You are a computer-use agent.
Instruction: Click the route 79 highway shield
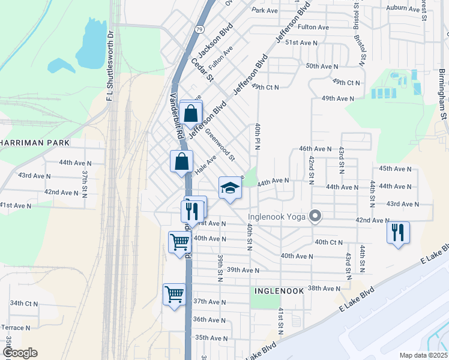click(199, 29)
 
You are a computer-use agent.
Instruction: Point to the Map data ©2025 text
click(423, 355)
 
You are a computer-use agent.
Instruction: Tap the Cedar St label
click(202, 69)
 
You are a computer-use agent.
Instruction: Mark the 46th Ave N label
click(315, 149)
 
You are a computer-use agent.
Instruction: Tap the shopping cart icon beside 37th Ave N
click(175, 295)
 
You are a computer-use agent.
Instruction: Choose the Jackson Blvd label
click(215, 44)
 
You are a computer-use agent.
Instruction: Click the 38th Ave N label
click(324, 289)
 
